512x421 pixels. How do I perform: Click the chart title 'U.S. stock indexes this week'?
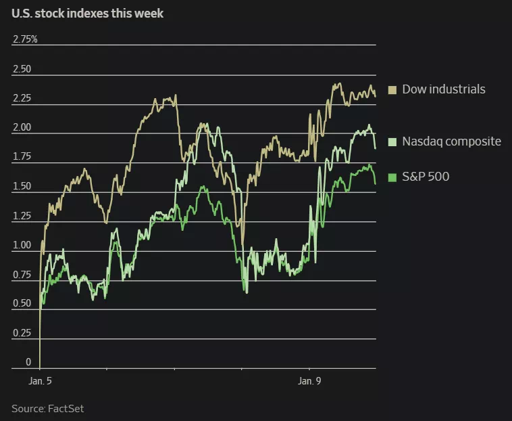point(87,13)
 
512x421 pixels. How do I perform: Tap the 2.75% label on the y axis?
point(25,39)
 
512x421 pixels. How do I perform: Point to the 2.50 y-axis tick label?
point(22,69)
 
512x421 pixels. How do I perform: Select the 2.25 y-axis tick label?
point(22,98)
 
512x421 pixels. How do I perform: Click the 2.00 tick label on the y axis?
point(22,127)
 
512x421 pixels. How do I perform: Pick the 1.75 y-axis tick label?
point(22,157)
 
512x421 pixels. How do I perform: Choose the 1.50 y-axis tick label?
point(22,186)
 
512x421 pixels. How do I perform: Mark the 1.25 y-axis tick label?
point(22,216)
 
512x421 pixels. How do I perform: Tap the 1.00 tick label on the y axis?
point(22,245)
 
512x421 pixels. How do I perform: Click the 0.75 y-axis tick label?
point(22,274)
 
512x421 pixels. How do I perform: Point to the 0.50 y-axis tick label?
point(22,303)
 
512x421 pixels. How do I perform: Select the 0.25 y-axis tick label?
point(22,333)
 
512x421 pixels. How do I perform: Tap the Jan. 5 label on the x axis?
point(40,381)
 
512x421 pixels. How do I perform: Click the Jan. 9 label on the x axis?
point(309,381)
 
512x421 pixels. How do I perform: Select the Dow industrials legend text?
point(443,89)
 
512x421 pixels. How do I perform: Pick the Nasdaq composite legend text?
point(451,141)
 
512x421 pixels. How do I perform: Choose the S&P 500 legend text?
point(426,177)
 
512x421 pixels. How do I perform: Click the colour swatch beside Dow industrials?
point(392,89)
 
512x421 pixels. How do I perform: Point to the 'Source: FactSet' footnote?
point(47,408)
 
